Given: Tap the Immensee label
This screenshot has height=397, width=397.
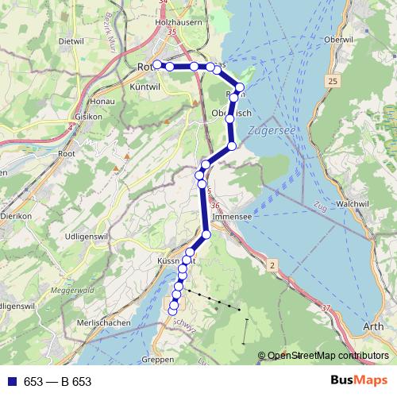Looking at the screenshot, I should (233, 216).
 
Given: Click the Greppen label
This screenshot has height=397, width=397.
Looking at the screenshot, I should (160, 360).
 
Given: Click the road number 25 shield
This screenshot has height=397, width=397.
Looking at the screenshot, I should (332, 82).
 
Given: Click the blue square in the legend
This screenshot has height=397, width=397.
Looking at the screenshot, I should (12, 381).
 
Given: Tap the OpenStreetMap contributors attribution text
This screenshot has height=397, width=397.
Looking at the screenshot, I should (328, 356).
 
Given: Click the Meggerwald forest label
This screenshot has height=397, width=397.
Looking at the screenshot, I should (73, 291).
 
